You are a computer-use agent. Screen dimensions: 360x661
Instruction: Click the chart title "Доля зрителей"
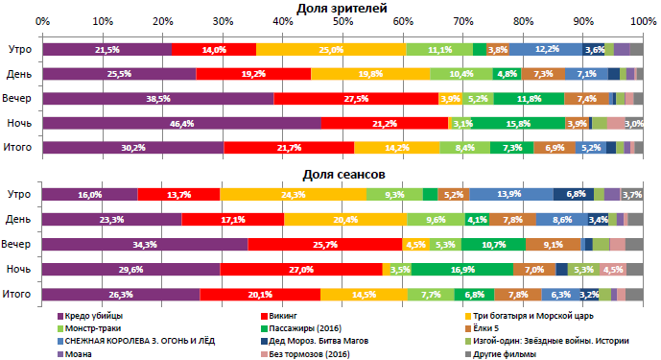click(342, 8)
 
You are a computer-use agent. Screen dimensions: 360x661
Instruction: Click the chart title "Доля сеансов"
click(342, 175)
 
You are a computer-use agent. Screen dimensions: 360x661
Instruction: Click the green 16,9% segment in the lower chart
click(462, 269)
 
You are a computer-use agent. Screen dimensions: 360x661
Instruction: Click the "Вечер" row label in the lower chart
click(19, 244)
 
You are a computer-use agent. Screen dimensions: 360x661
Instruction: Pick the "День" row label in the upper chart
click(19, 74)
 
